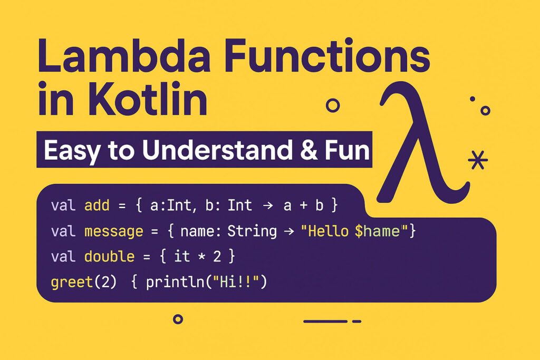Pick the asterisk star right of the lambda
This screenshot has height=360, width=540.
coord(478,160)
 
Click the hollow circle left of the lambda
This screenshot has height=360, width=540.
coord(333,105)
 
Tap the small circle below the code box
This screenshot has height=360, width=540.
coord(178,319)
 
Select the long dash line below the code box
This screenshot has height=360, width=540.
coord(325,321)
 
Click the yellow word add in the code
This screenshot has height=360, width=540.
coord(97,206)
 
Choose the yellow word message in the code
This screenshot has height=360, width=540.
coord(113,231)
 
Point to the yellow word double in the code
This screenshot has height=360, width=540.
coord(109,257)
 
